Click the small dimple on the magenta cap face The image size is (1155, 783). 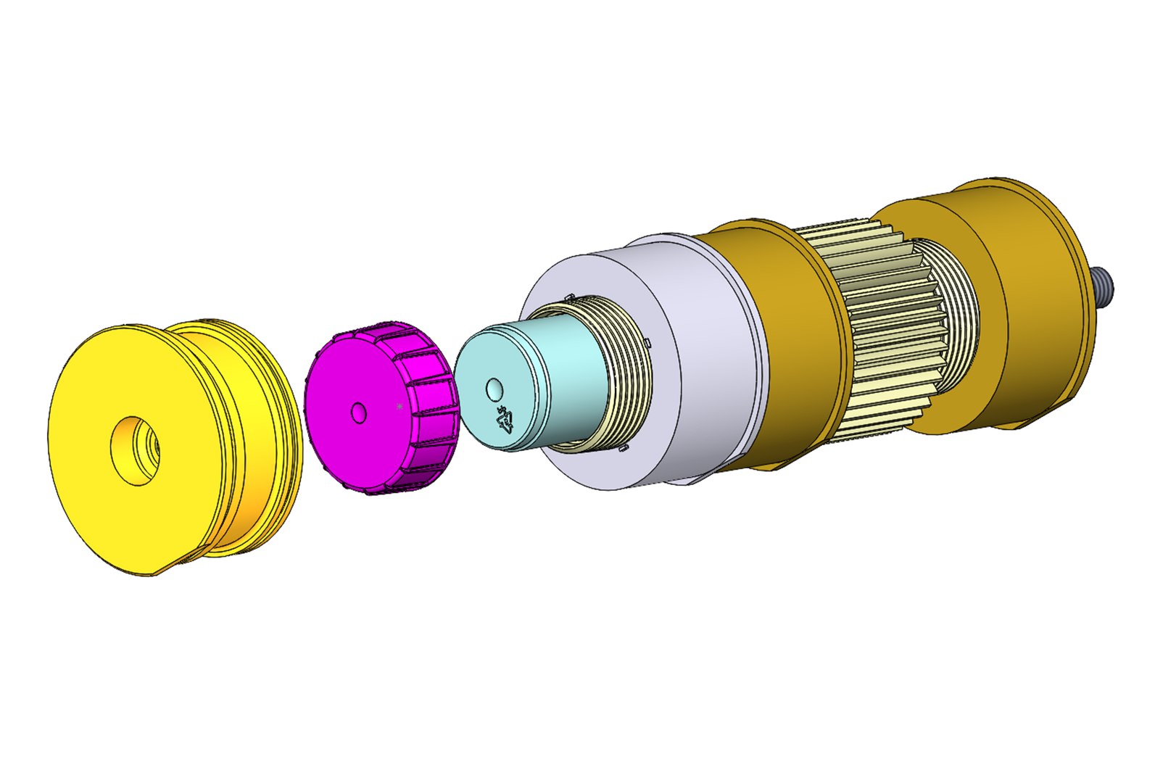point(357,413)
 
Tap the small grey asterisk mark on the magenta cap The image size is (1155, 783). point(400,407)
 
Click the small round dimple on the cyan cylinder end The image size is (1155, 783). point(495,389)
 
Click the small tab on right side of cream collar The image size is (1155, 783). point(647,341)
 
